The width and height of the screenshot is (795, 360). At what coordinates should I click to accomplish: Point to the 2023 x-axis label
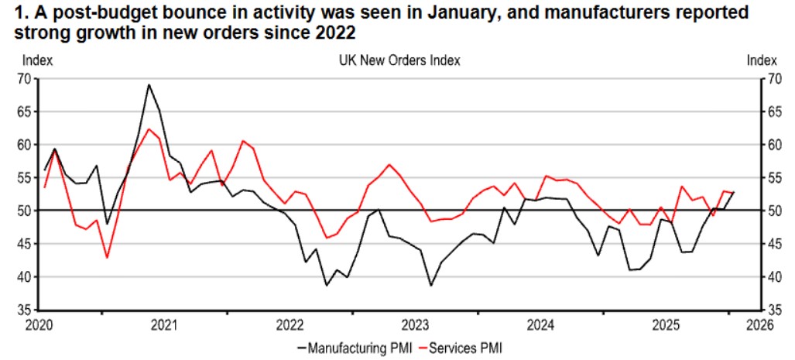tap(415, 324)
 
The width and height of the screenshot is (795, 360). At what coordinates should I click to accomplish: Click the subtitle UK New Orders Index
tap(393, 60)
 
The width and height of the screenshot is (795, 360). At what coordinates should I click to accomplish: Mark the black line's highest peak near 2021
tap(149, 85)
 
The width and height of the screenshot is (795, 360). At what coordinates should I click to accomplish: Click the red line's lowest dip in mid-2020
tap(107, 257)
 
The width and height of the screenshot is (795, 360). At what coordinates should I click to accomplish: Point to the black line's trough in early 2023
tap(431, 286)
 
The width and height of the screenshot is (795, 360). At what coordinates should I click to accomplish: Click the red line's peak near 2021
tap(149, 129)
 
